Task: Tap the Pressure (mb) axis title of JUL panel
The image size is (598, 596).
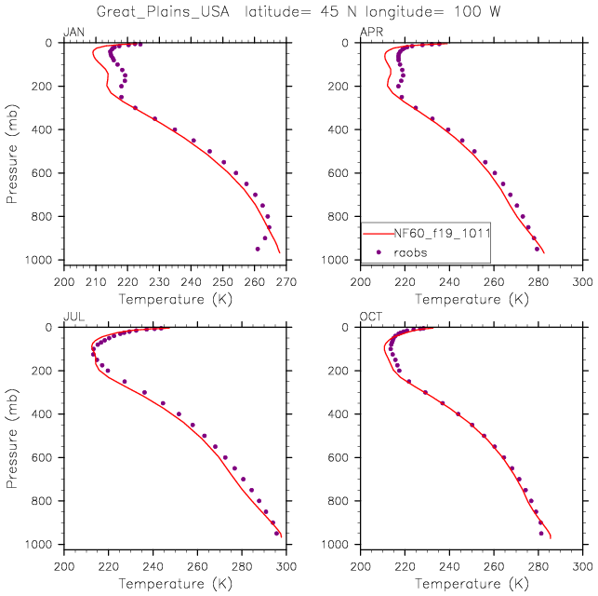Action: [x=11, y=436]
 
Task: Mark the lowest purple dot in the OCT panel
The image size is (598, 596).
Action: [x=541, y=534]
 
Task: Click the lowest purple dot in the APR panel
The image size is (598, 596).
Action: [x=537, y=249]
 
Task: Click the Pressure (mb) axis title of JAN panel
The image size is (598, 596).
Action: [x=11, y=152]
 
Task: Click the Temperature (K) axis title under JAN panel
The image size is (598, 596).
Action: [x=174, y=299]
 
